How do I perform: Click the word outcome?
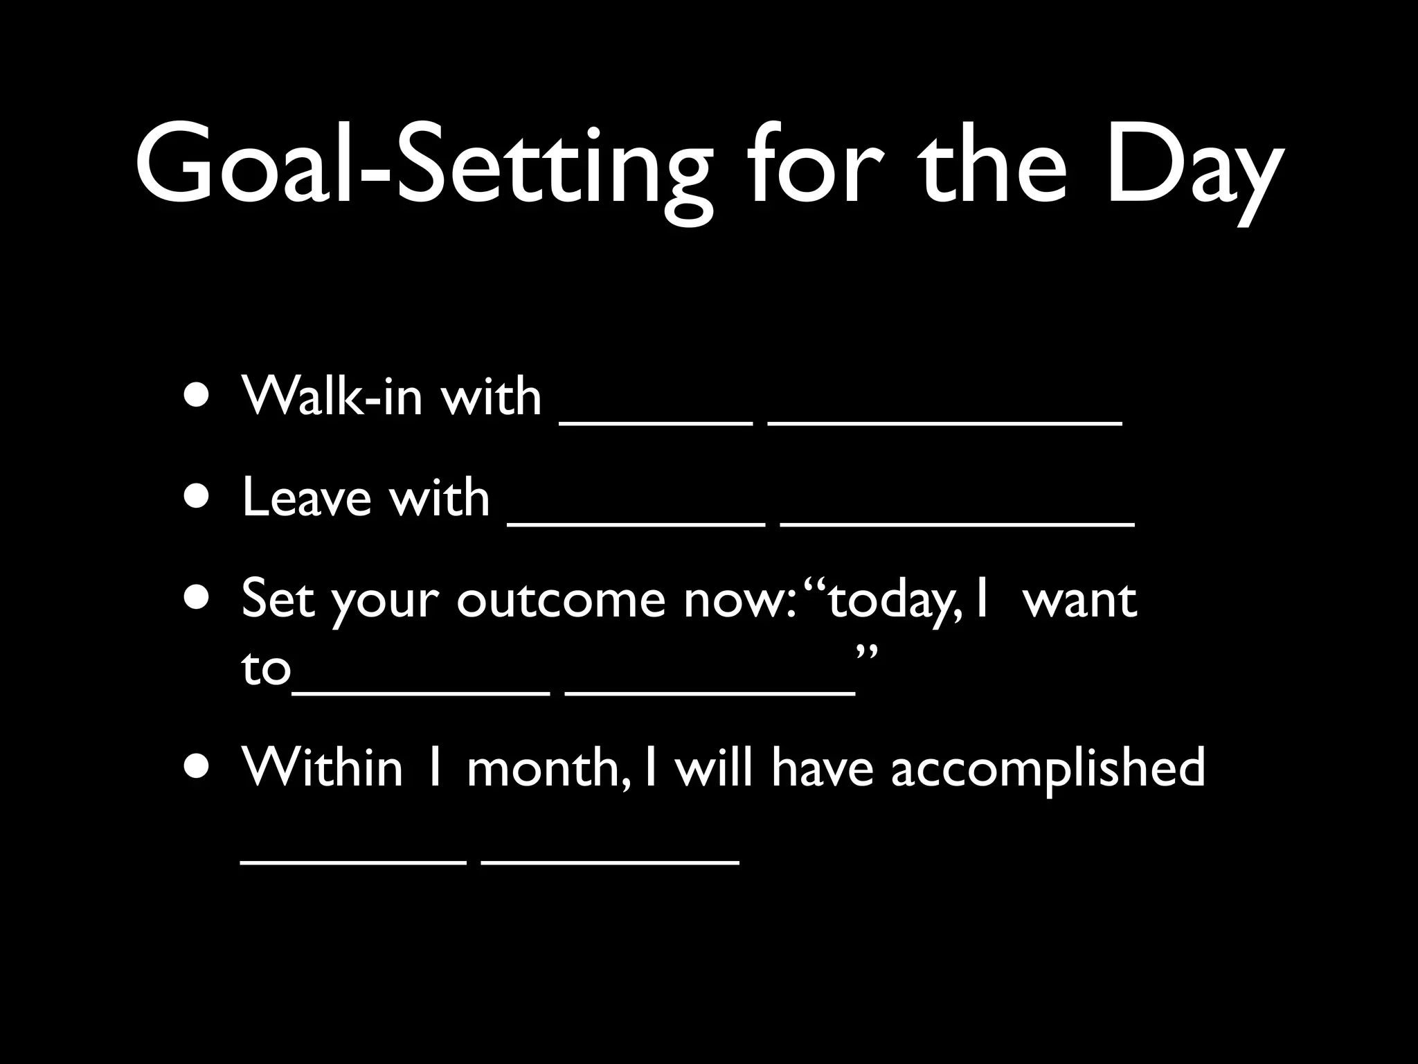pyautogui.click(x=561, y=600)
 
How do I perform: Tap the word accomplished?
pyautogui.click(x=1048, y=769)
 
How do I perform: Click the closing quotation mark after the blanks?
pyautogui.click(x=867, y=653)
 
